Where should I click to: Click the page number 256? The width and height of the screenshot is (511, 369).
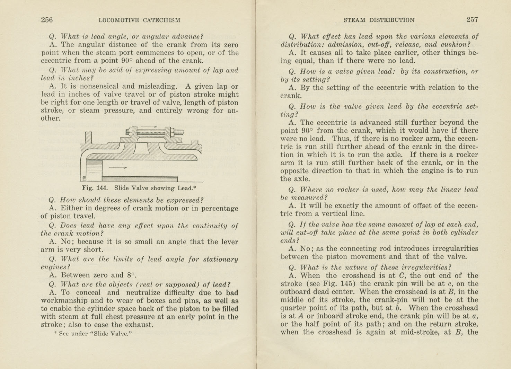tap(47, 20)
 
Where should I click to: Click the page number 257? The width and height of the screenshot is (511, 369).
tap(472, 20)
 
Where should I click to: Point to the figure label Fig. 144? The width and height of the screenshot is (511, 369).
tap(95, 188)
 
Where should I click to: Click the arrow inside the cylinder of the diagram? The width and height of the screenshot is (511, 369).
tap(118, 168)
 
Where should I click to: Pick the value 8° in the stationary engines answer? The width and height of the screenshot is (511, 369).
tap(131, 275)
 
